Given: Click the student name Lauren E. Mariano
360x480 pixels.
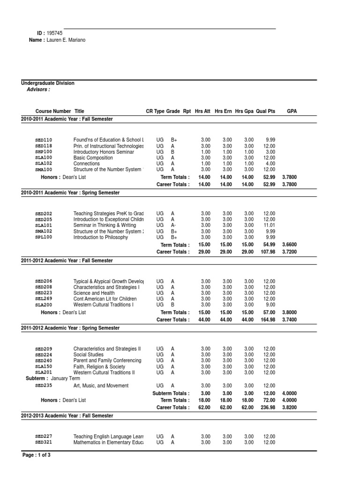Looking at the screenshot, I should pyautogui.click(x=66, y=40).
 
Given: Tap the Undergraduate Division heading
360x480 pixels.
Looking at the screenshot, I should pyautogui.click(x=48, y=83).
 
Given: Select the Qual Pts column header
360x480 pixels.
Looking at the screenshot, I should pyautogui.click(x=266, y=111).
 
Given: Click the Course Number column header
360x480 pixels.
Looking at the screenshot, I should pyautogui.click(x=53, y=111).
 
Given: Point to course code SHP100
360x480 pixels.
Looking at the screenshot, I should pyautogui.click(x=44, y=152).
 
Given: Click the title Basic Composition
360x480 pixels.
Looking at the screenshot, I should pyautogui.click(x=93, y=158).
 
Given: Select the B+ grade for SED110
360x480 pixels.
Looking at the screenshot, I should pyautogui.click(x=174, y=140).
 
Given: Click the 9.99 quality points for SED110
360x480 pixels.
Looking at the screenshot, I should pyautogui.click(x=270, y=140).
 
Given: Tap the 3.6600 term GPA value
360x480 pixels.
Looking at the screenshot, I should pyautogui.click(x=290, y=245).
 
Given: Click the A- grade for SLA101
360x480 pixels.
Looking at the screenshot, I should pyautogui.click(x=173, y=225).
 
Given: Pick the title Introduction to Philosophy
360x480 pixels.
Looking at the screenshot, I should pyautogui.click(x=100, y=237).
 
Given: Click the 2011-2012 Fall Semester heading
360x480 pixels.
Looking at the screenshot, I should pyautogui.click(x=67, y=260).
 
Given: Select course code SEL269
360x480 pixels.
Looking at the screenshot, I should pyautogui.click(x=44, y=299).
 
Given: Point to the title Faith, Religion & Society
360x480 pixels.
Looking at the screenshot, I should pyautogui.click(x=99, y=366).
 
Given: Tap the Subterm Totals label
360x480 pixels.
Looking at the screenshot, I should pyautogui.click(x=171, y=393).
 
